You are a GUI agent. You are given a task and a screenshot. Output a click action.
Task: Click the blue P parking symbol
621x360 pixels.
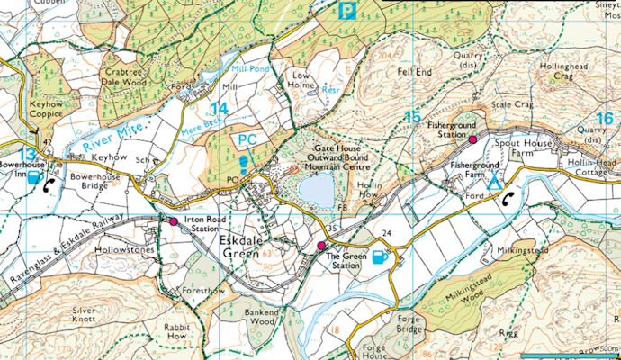346,11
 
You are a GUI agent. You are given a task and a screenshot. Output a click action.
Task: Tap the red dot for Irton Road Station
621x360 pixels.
174,220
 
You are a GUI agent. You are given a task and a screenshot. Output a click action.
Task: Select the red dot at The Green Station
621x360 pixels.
321,246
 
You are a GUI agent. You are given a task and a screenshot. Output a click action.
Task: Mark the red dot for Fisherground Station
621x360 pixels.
472,140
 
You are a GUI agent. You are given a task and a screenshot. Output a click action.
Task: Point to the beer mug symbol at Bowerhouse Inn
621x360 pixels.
34,178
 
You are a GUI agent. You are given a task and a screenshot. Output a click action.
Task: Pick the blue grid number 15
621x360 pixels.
413,117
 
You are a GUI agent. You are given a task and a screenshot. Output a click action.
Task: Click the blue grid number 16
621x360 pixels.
604,118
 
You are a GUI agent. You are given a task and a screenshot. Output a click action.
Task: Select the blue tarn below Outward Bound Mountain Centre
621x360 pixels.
316,191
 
